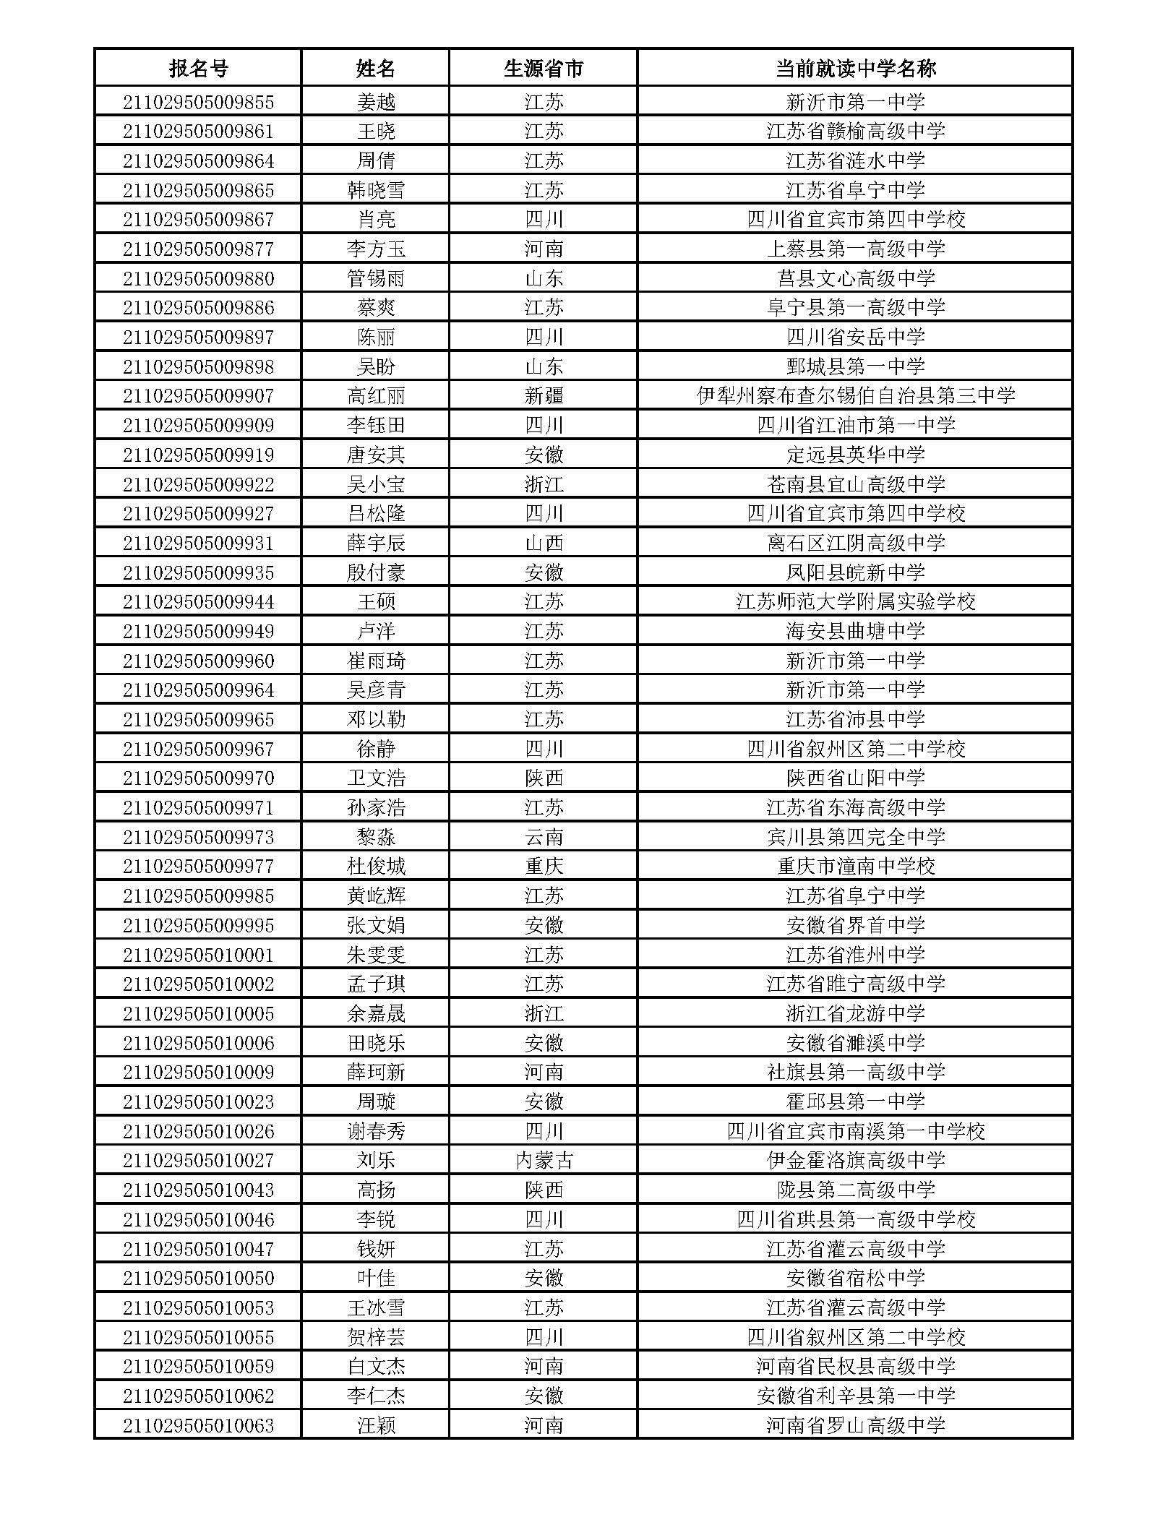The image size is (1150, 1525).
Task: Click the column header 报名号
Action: (198, 69)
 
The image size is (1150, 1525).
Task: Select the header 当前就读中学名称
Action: (855, 69)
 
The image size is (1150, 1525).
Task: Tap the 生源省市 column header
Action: (544, 69)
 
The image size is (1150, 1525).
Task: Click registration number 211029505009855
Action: (198, 102)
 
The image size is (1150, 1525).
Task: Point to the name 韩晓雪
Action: (376, 190)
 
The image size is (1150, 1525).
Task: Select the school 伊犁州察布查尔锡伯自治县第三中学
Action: (855, 395)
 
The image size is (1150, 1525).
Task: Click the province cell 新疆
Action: (544, 395)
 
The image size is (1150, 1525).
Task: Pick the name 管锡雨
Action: (376, 278)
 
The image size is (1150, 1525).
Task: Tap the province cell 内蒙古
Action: (544, 1160)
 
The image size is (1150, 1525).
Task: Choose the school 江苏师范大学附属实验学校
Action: (855, 601)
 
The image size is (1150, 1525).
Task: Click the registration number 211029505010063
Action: (198, 1425)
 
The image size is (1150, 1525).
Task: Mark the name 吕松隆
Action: (376, 513)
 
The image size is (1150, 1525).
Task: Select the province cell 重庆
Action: (544, 866)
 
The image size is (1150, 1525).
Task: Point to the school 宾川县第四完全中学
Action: (855, 837)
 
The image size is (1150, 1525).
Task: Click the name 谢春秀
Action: (376, 1131)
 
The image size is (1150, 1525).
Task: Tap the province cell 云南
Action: (544, 837)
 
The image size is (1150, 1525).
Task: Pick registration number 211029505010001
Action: (198, 955)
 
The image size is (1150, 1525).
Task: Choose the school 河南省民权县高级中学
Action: (855, 1366)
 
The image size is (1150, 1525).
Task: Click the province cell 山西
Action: (544, 543)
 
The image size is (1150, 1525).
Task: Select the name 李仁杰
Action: (376, 1396)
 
